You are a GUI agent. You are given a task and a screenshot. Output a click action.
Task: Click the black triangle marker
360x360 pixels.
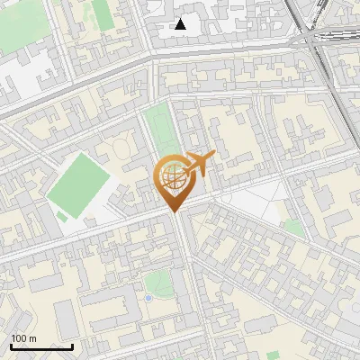pos(181,24)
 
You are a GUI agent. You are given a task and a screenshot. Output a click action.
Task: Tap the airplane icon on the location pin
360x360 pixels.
pos(200,163)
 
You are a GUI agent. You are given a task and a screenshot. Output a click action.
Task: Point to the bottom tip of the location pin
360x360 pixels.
pos(173,212)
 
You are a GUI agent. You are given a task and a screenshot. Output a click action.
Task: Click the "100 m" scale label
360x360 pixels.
pos(23,338)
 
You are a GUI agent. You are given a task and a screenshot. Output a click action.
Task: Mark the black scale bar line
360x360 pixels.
pos(41,346)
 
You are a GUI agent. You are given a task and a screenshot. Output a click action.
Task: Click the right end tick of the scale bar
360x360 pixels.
pos(72,345)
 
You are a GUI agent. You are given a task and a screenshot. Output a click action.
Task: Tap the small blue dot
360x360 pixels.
pos(148,298)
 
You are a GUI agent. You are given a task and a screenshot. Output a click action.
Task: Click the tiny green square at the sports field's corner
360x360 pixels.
pos(62,216)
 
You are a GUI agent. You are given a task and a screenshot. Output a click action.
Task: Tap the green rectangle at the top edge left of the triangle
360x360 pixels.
pos(101,11)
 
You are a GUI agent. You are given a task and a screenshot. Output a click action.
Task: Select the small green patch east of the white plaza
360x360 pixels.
pos(293,229)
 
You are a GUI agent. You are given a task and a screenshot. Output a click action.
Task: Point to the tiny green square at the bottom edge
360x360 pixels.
pos(273,355)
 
